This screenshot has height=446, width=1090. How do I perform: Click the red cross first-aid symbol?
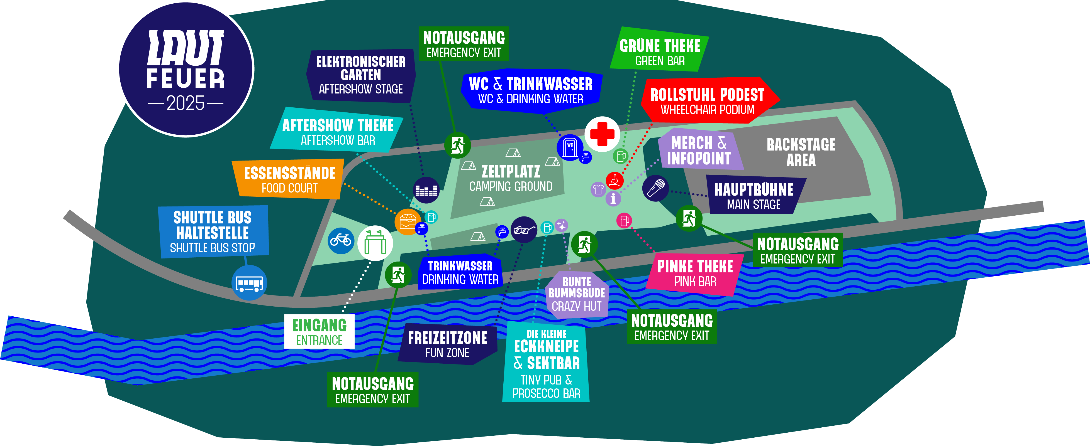coord(602,134)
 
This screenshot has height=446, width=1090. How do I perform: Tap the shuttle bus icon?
coord(249,283)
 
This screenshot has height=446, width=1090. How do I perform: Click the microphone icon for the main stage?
coord(655,188)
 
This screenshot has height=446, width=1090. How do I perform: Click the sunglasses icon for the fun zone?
coord(524,230)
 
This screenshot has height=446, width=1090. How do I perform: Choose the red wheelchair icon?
coord(615,181)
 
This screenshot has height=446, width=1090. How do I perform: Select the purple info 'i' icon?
coord(613,198)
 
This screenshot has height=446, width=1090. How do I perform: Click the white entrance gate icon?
coord(375,243)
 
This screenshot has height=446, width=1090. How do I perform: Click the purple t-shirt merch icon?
coord(598,189)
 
